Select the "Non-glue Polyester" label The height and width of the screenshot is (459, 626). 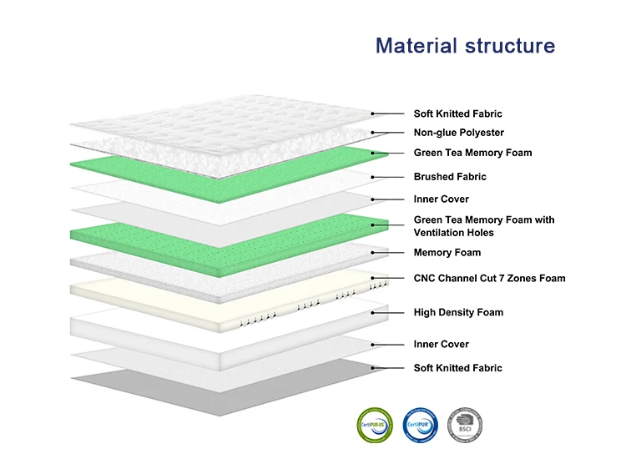[x=458, y=133]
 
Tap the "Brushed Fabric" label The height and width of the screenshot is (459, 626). [x=450, y=177]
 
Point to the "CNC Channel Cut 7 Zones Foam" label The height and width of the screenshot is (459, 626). [x=489, y=278]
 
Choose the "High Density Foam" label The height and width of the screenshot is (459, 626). [x=458, y=313]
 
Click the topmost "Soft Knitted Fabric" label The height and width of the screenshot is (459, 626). [x=457, y=113]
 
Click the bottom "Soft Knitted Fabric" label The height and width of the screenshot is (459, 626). [x=457, y=368]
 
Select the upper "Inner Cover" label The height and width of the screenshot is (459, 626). [x=441, y=199]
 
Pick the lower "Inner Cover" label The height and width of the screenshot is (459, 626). [x=441, y=345]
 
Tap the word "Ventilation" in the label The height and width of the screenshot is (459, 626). [x=441, y=233]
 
